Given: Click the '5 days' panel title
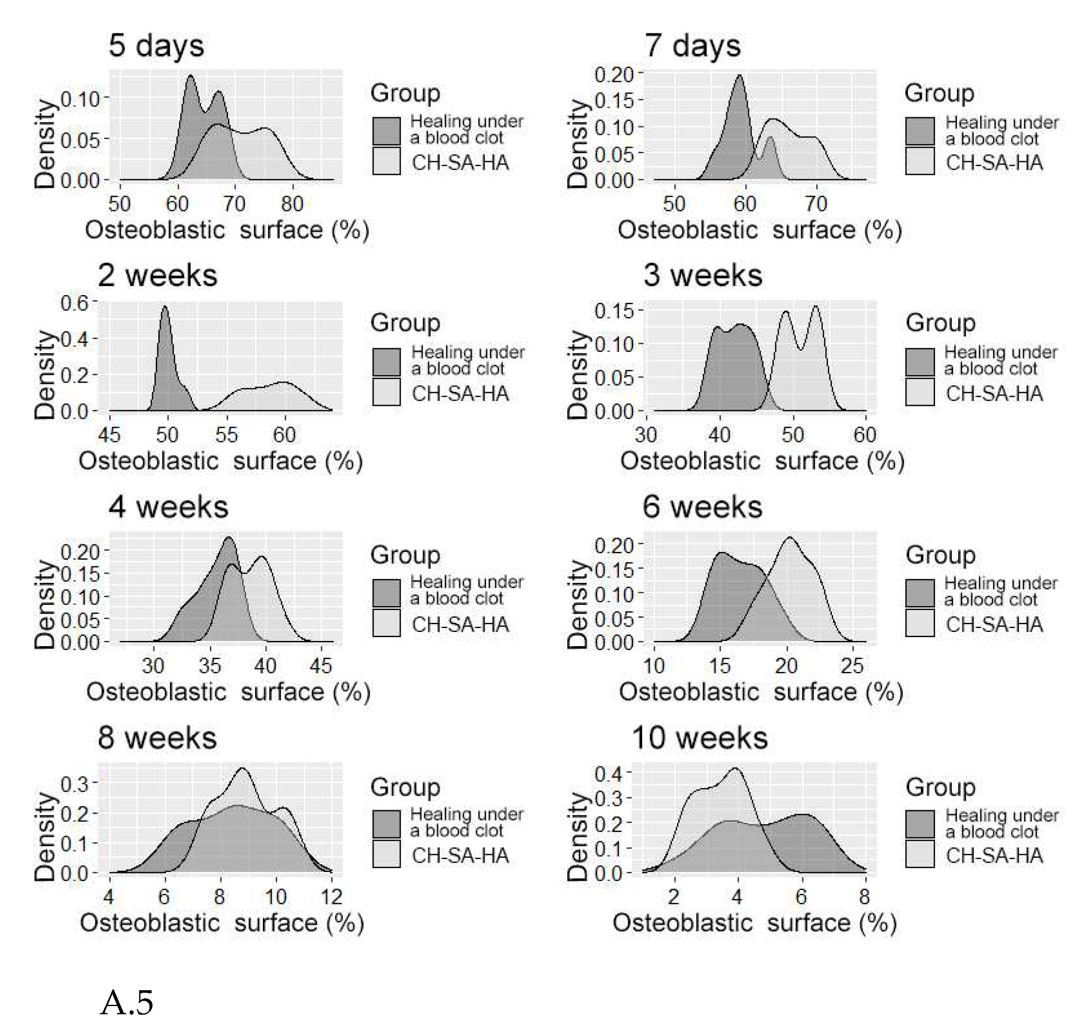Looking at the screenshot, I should [x=156, y=46].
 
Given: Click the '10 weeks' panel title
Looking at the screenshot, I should [x=699, y=738].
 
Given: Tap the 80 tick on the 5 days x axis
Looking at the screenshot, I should [x=292, y=204].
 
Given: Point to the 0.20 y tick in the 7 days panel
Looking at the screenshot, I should [x=613, y=74].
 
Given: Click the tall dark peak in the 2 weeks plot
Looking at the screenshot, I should [x=165, y=309].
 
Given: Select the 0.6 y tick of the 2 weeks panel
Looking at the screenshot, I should [x=74, y=303].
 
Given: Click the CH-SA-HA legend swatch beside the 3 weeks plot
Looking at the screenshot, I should [x=920, y=392].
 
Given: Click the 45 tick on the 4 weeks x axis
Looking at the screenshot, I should [x=321, y=667].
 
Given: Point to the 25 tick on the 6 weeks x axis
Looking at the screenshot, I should [x=853, y=667].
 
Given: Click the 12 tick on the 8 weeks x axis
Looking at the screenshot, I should [x=332, y=897].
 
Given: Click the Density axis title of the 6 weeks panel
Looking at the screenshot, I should [x=577, y=604].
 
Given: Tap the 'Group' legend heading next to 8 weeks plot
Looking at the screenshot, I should [x=405, y=787].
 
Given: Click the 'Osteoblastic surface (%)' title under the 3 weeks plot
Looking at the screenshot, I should [x=761, y=461].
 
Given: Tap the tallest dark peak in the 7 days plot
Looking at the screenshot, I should [x=739, y=77].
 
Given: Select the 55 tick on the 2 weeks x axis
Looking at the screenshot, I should [x=226, y=435].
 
